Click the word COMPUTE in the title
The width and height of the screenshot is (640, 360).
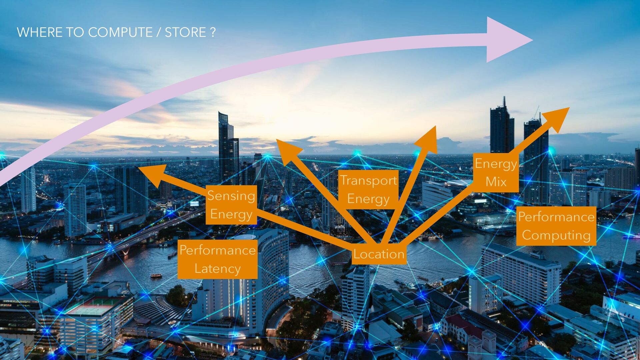tap(120, 32)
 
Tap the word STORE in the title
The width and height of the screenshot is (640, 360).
tap(185, 32)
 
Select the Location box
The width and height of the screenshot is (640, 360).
tap(379, 254)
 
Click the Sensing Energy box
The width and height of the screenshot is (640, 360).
tap(231, 205)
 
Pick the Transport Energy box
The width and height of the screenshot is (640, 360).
tap(368, 189)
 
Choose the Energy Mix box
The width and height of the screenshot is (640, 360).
tap(496, 173)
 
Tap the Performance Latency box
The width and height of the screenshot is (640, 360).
tap(217, 259)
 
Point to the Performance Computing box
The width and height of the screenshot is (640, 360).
tap(556, 226)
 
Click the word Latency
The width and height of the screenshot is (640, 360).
tap(217, 269)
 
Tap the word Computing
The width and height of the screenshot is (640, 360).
tap(556, 235)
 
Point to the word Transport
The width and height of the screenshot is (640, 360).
tap(368, 180)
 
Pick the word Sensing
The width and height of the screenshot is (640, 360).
tap(231, 196)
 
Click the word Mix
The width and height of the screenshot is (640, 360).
tap(496, 182)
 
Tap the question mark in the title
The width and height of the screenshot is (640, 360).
tap(213, 32)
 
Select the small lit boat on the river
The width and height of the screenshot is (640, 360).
tap(156, 276)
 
